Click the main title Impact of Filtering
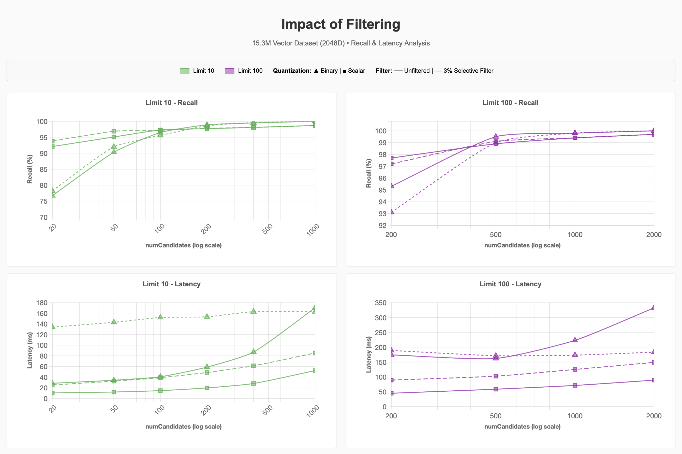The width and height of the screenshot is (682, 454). coord(340,24)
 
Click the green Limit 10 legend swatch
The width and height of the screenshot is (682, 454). coord(184,71)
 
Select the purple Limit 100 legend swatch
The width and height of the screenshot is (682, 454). coord(229,71)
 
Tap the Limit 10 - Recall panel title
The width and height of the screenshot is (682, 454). coord(172,103)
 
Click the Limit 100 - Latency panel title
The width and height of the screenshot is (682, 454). coord(510,284)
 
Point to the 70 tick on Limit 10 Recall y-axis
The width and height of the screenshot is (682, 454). coord(43,217)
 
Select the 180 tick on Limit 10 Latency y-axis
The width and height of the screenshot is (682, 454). coord(42,303)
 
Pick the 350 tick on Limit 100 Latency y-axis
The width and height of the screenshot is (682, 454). coord(380,303)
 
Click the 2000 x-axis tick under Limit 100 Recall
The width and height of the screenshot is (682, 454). coord(654,235)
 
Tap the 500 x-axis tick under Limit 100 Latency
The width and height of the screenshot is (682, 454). coord(496,416)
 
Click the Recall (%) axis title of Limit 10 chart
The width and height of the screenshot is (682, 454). coord(30,169)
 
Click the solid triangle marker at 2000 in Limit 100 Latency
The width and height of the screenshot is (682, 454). coord(653,307)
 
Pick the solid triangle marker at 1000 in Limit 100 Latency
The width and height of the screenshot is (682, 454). coord(575,340)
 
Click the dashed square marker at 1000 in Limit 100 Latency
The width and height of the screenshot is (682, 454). coord(575,369)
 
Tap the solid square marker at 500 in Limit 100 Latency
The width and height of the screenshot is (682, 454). coord(496,389)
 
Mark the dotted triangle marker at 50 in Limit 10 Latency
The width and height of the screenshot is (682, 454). coord(114,322)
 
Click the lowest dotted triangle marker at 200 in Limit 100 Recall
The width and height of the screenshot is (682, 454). coord(392,212)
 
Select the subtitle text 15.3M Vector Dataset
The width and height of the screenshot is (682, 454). coord(298,43)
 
